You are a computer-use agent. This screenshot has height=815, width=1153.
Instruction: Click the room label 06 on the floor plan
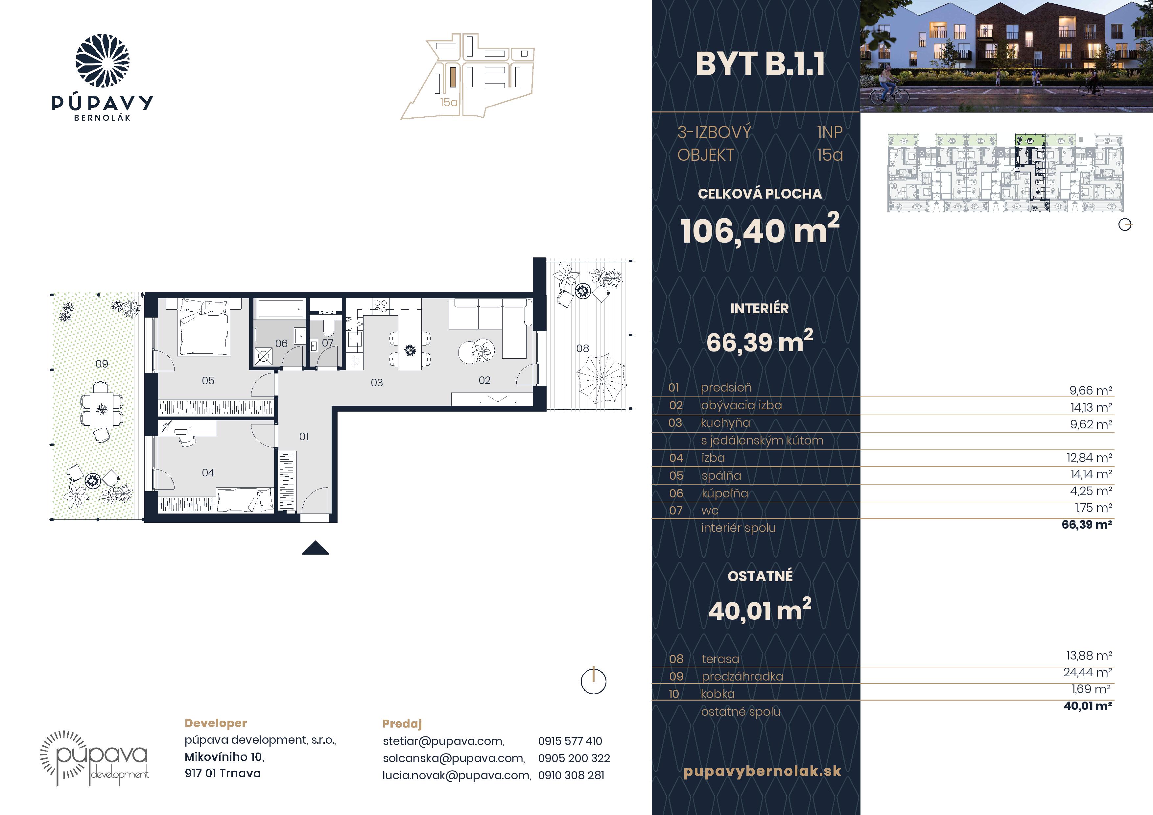point(281,344)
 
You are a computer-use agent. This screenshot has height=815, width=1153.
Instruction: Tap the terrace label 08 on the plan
point(582,348)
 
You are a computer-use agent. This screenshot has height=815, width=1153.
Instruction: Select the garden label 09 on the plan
point(102,364)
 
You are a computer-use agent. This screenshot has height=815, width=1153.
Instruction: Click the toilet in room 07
point(328,328)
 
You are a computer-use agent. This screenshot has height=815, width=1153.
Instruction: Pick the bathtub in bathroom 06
point(281,308)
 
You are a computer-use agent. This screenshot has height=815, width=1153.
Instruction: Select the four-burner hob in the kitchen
point(380,306)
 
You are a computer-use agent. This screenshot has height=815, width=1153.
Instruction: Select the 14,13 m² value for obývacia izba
point(1091,407)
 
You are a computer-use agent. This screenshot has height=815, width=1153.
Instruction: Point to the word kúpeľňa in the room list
point(725,493)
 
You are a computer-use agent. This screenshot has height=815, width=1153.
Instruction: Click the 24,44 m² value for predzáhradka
point(1087,672)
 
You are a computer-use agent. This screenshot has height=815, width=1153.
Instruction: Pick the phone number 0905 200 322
point(574,758)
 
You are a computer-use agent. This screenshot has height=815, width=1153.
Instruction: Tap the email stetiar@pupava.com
point(443,741)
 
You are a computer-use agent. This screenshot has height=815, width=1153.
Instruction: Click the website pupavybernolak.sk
point(762,771)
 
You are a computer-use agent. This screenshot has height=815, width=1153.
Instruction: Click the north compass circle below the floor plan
point(594,682)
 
